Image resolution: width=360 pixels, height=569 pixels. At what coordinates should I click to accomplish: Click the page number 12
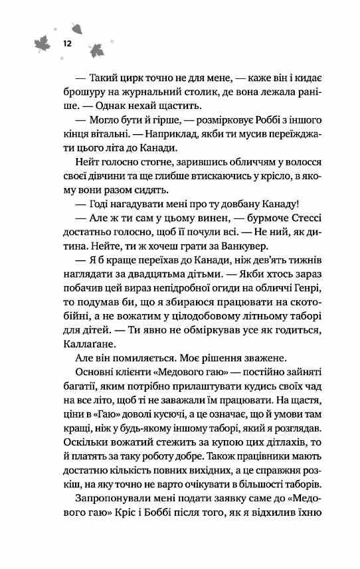(x=67, y=42)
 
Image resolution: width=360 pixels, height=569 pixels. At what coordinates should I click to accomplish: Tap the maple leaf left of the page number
(x=41, y=46)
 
